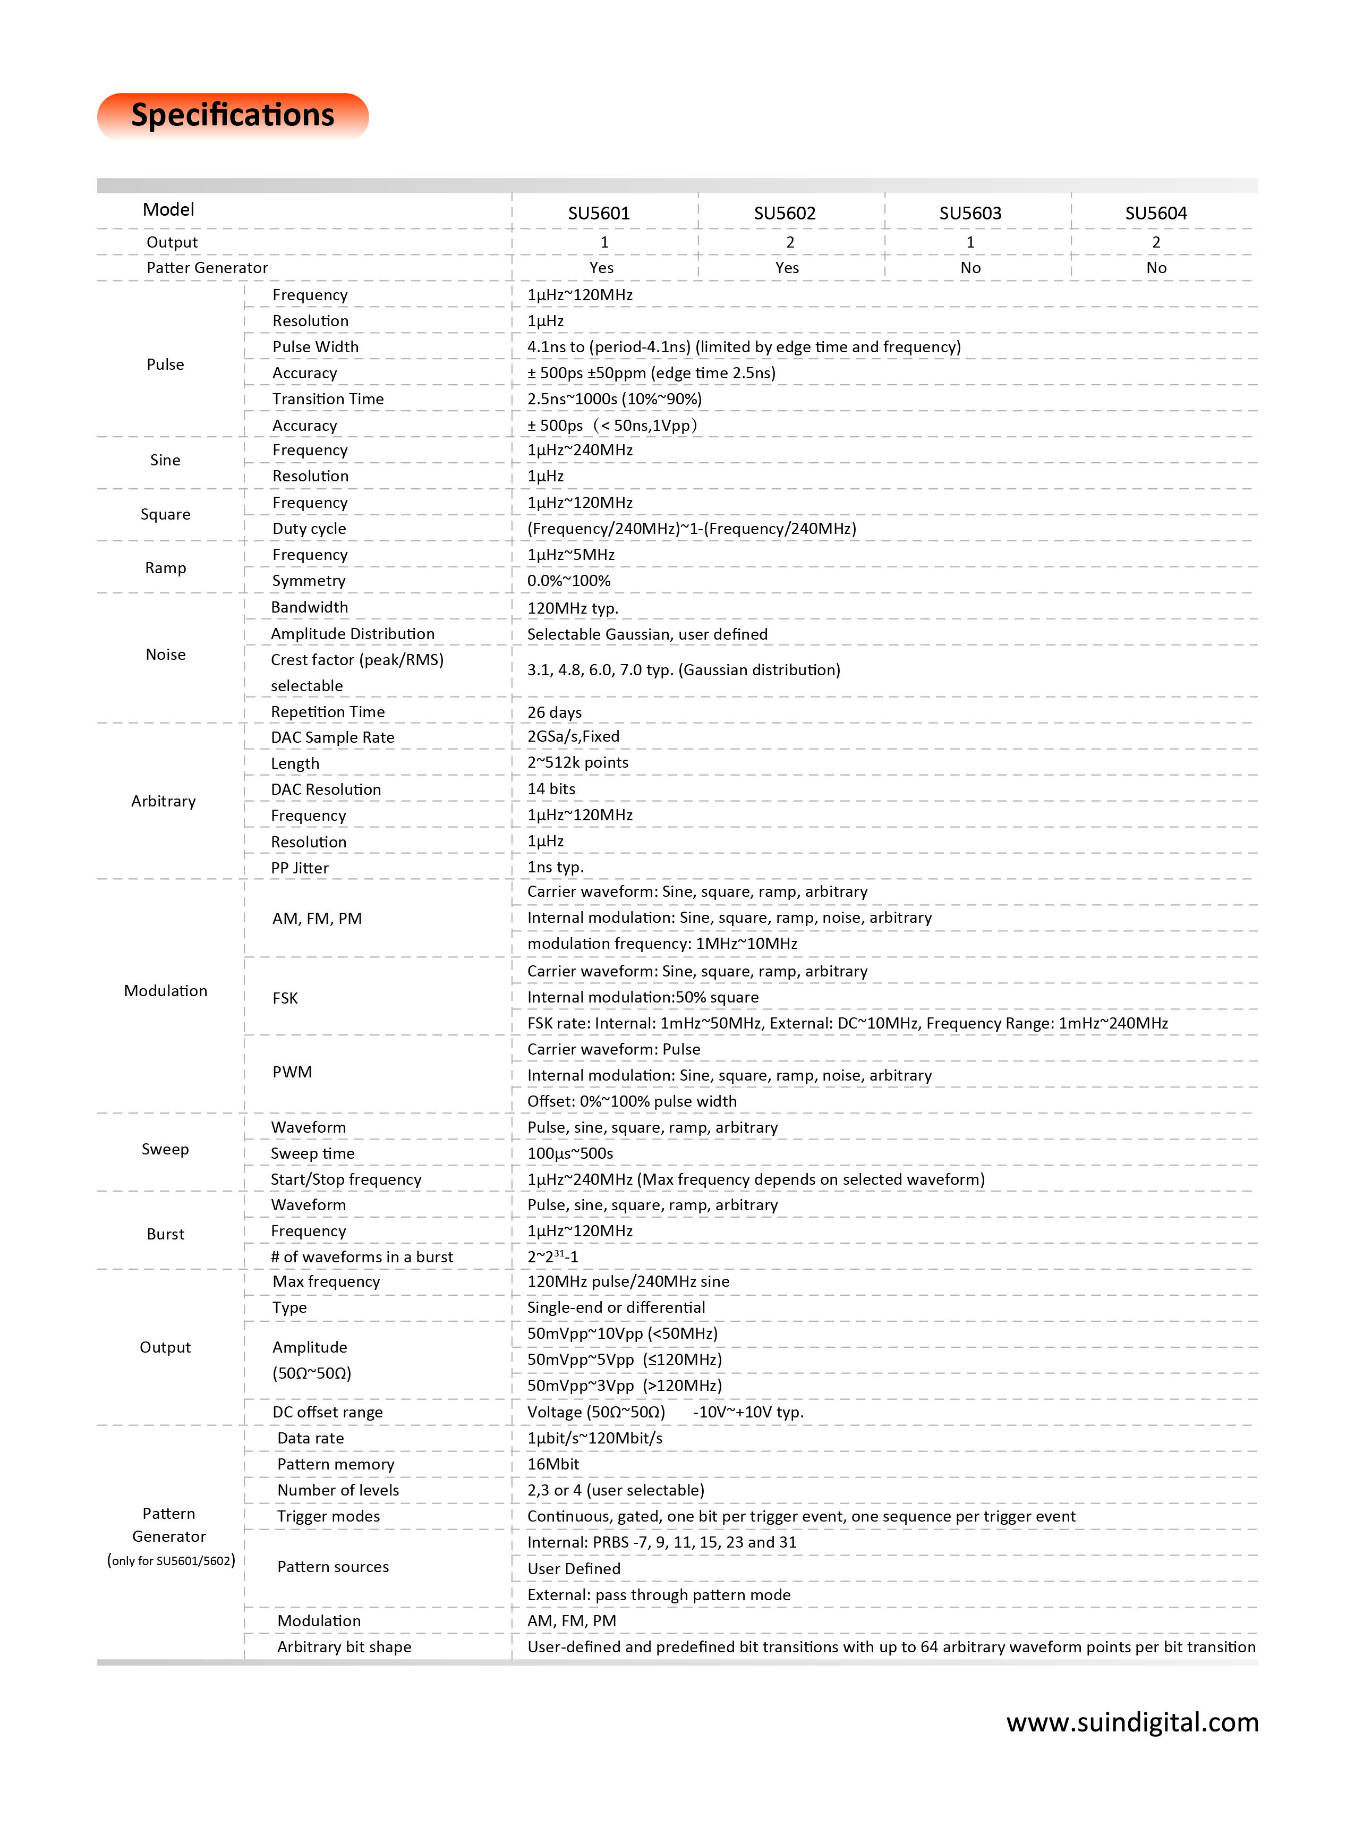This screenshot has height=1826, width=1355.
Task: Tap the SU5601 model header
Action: click(x=599, y=213)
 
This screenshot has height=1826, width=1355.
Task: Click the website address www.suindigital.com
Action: click(x=1132, y=1722)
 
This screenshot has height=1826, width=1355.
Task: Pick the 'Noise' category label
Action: click(x=166, y=655)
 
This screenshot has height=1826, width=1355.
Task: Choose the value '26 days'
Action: click(x=555, y=712)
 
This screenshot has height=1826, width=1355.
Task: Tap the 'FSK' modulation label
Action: click(x=285, y=998)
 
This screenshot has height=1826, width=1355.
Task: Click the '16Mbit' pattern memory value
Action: click(x=553, y=1464)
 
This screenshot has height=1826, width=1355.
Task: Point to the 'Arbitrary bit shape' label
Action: click(x=344, y=1647)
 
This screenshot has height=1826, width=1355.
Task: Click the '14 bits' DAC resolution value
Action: click(x=551, y=789)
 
